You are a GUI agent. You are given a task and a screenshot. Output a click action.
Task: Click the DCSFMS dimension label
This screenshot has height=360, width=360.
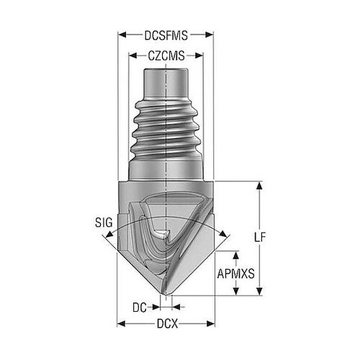(x=166, y=35)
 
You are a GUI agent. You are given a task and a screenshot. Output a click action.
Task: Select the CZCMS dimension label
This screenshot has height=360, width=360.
(x=166, y=56)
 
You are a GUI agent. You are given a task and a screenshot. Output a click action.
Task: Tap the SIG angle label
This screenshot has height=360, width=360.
(x=104, y=222)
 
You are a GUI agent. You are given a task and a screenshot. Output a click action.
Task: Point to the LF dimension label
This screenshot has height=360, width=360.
(x=260, y=238)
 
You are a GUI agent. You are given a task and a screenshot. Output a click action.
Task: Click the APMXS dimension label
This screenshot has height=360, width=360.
(x=235, y=274)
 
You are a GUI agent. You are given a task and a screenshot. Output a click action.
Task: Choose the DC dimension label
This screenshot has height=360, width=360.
(x=140, y=307)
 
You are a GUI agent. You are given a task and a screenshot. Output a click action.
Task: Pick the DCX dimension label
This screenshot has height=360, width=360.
(x=167, y=324)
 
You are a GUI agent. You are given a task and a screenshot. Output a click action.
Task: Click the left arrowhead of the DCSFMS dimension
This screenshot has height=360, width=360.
(x=122, y=35)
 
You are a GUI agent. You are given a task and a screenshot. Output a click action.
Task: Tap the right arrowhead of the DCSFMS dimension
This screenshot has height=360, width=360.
(x=210, y=35)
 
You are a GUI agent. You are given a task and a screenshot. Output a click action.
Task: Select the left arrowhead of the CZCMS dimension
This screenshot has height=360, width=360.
(x=133, y=56)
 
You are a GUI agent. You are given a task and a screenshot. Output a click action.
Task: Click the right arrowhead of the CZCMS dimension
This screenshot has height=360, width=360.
(x=199, y=56)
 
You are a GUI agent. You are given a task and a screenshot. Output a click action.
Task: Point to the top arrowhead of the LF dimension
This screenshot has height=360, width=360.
(x=259, y=186)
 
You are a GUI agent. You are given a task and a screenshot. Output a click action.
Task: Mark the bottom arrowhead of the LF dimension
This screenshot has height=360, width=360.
(x=259, y=291)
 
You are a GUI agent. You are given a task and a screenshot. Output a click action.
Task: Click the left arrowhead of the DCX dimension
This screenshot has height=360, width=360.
(x=121, y=323)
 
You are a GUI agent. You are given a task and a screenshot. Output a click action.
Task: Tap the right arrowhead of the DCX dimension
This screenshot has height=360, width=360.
(x=210, y=323)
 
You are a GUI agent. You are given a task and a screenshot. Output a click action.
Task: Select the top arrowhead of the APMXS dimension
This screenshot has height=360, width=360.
(x=236, y=256)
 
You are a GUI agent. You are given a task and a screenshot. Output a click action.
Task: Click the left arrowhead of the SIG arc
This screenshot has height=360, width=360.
(x=109, y=234)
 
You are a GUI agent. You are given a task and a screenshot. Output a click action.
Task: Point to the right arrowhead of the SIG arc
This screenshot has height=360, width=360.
(x=223, y=234)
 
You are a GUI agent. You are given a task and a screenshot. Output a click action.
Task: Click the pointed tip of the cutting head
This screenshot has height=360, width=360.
(x=166, y=294)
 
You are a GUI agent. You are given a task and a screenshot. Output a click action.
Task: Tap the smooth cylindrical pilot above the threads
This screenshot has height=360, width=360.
(x=166, y=82)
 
